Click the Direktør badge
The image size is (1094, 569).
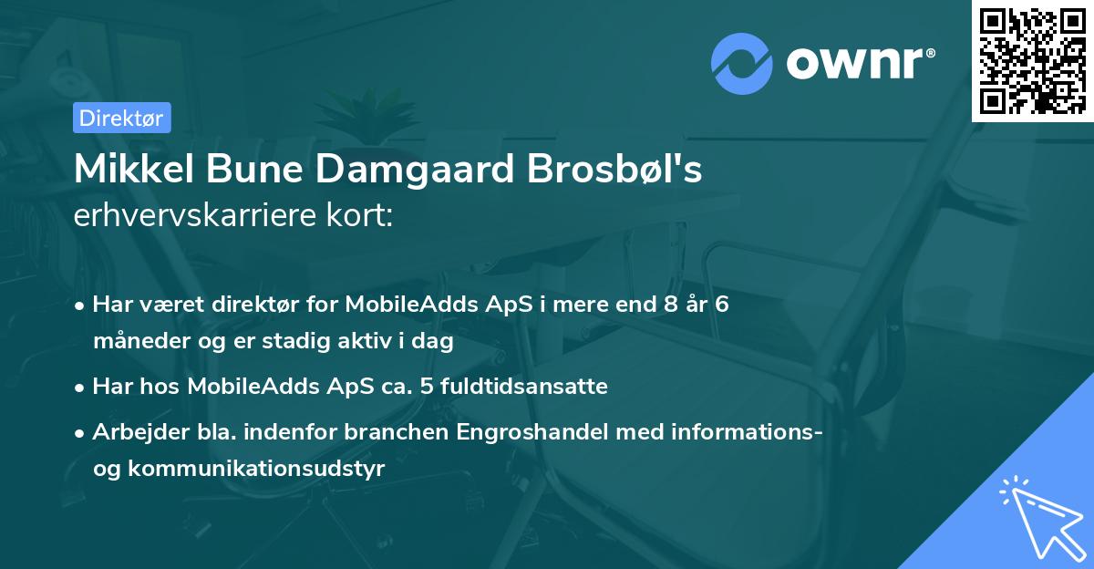click(x=120, y=118)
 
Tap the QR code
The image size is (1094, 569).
click(x=1033, y=61)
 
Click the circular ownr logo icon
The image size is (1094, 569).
click(x=742, y=63)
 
